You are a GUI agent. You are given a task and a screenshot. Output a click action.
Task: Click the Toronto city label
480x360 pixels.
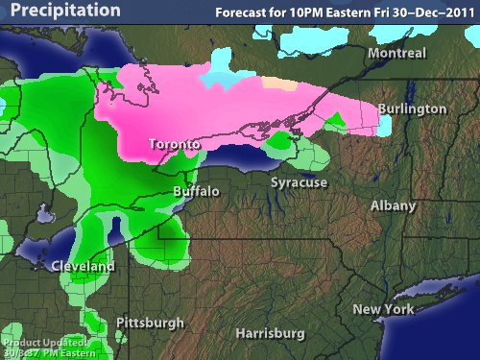coord(174,145)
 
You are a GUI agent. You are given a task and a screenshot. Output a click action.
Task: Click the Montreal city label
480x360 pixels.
coord(396,54)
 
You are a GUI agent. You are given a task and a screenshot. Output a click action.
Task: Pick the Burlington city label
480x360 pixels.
coord(412,109)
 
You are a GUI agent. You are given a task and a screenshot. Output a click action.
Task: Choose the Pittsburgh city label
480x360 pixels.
coord(148,322)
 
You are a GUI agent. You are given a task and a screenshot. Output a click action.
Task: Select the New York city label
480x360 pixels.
coord(383,309)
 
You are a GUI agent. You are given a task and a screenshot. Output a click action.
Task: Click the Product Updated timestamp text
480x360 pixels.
coord(48,348)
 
